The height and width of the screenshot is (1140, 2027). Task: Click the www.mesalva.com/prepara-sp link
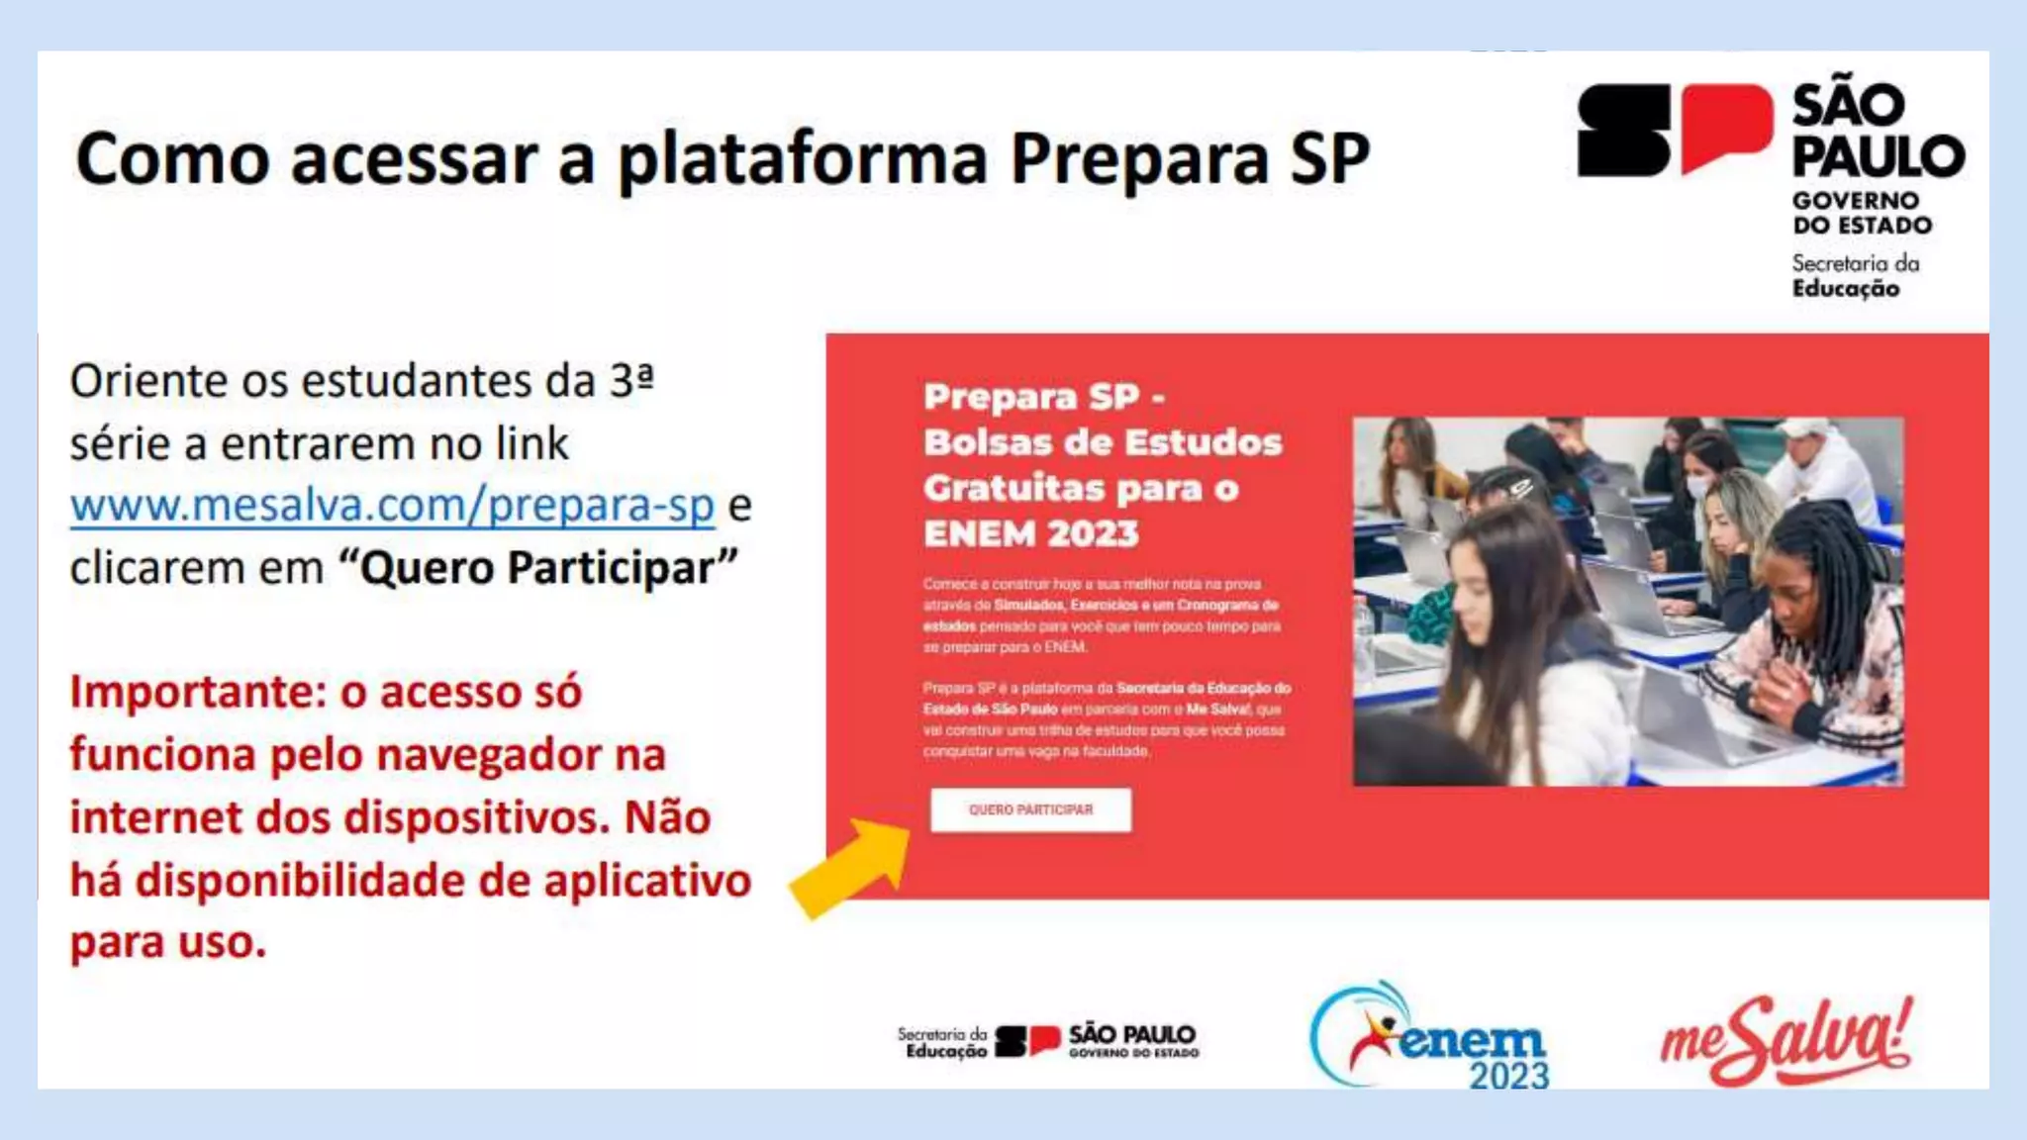(392, 506)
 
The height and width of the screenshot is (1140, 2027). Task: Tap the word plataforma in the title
(803, 158)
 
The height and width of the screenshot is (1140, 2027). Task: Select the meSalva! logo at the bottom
(1786, 1041)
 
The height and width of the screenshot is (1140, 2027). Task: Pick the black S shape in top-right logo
(1623, 130)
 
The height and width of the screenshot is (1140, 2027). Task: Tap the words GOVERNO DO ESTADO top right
(1861, 213)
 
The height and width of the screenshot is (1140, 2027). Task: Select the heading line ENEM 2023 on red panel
(1030, 534)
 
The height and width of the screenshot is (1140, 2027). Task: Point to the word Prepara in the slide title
(1138, 158)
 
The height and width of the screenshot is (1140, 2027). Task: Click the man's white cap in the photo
(1806, 428)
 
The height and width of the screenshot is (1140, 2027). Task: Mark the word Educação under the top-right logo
(1846, 289)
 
